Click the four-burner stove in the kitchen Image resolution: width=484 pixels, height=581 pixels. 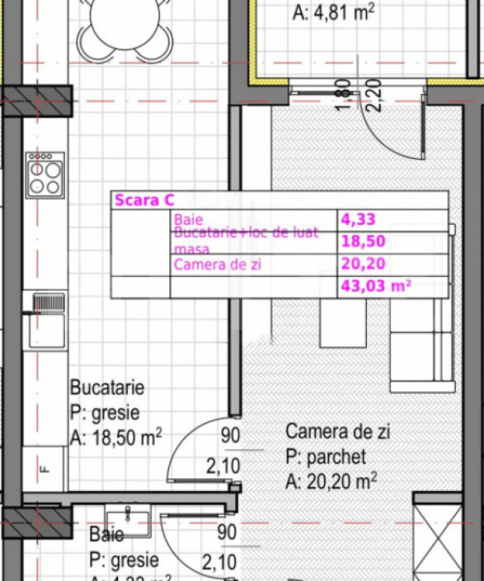(x=45, y=175)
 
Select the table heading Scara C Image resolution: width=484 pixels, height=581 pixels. (x=144, y=200)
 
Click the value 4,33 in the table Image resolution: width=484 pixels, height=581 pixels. (x=358, y=220)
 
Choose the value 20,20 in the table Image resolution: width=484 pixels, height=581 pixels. (x=363, y=264)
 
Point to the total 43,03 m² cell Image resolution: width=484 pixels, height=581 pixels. (x=376, y=286)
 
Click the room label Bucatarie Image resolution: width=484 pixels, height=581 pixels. (x=107, y=388)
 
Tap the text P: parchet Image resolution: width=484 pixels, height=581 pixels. (x=326, y=457)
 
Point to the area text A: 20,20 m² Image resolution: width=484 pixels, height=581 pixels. (x=331, y=481)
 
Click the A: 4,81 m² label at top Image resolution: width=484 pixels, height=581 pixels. (x=333, y=11)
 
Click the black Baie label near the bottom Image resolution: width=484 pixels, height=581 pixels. (x=107, y=535)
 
